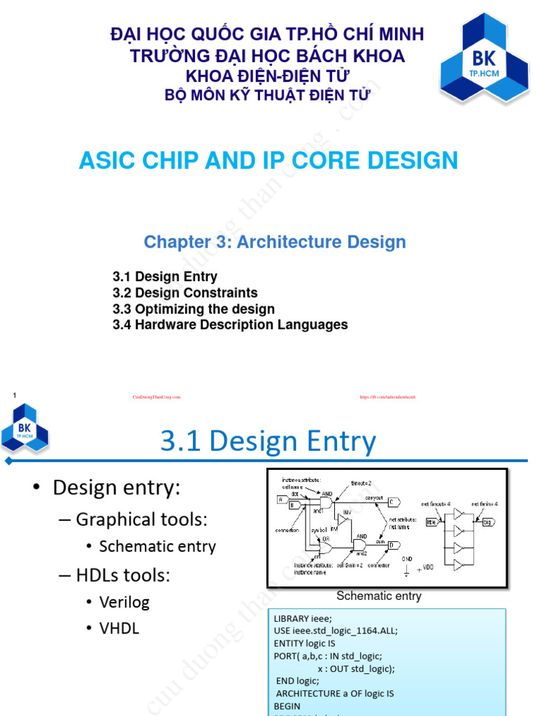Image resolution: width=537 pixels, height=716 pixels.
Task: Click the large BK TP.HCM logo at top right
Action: [x=479, y=69]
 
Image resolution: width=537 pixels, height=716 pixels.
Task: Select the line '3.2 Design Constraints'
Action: [x=185, y=293]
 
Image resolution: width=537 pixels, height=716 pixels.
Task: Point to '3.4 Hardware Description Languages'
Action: [x=230, y=325]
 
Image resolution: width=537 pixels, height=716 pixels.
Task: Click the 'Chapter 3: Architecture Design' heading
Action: [x=275, y=242]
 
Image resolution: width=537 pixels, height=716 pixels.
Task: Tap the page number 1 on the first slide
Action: [x=14, y=396]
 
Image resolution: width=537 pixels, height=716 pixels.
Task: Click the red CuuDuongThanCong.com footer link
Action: [x=157, y=397]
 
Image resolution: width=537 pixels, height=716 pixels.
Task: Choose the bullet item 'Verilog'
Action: [x=124, y=602]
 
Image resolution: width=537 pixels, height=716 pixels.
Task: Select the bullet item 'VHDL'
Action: [x=119, y=629]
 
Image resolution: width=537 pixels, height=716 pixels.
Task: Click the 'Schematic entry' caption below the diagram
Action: [x=379, y=596]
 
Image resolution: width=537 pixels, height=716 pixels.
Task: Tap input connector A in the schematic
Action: [x=280, y=499]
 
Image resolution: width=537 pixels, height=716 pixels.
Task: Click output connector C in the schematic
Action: [x=393, y=501]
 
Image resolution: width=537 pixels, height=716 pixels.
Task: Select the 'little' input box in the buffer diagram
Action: [x=430, y=521]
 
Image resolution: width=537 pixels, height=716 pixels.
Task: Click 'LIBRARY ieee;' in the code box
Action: [x=303, y=619]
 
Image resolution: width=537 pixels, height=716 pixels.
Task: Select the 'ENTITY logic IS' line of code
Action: [x=305, y=643]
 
